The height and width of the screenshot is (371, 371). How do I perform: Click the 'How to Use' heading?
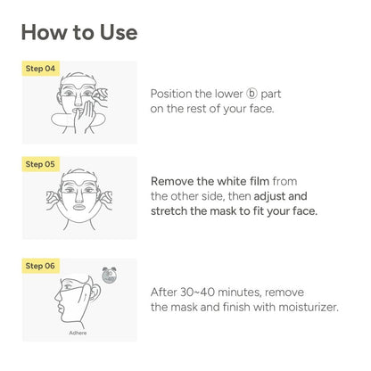[x=79, y=33]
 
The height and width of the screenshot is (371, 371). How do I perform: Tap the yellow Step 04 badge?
[x=41, y=68]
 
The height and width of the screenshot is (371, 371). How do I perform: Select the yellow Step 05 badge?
[x=41, y=164]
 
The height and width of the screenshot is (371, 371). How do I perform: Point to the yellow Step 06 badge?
[x=41, y=266]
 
